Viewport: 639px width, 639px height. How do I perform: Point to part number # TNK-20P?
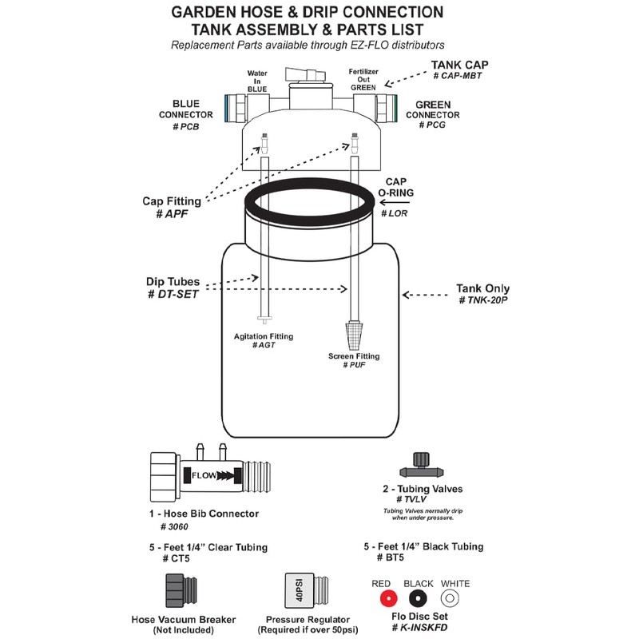483,300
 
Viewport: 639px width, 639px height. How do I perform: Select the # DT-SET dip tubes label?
173,296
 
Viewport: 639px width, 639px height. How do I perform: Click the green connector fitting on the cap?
387,106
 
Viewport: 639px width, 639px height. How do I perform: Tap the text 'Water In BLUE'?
256,80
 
